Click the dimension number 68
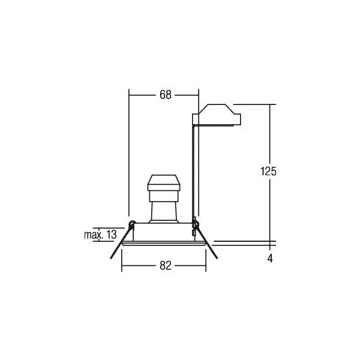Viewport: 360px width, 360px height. point(166,95)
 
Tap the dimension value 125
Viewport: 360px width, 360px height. point(268,171)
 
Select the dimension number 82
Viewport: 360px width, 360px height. point(166,266)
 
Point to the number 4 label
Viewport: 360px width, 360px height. point(270,259)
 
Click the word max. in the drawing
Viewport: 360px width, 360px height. point(94,235)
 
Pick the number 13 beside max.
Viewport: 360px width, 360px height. point(112,235)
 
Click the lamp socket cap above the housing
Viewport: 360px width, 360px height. point(164,183)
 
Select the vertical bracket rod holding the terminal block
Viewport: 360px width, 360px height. point(193,172)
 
